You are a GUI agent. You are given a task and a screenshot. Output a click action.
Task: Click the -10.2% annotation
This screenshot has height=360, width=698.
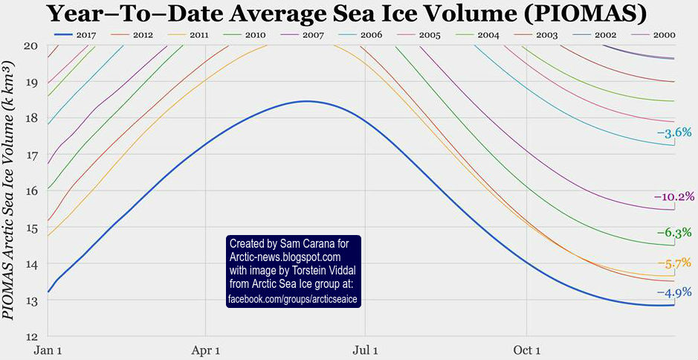point(673,197)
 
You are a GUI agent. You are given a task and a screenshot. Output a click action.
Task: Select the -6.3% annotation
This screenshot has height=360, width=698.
point(674,233)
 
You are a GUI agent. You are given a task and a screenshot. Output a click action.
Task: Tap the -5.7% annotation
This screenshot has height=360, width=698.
point(674,263)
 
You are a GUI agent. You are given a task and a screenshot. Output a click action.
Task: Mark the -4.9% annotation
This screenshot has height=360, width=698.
point(674,292)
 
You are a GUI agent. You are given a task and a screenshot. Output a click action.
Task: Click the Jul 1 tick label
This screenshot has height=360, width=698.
point(365,349)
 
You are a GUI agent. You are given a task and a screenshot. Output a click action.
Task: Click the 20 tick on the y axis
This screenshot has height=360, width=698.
point(30,46)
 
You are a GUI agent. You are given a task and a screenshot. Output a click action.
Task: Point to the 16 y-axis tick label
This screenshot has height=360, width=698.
point(30,191)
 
